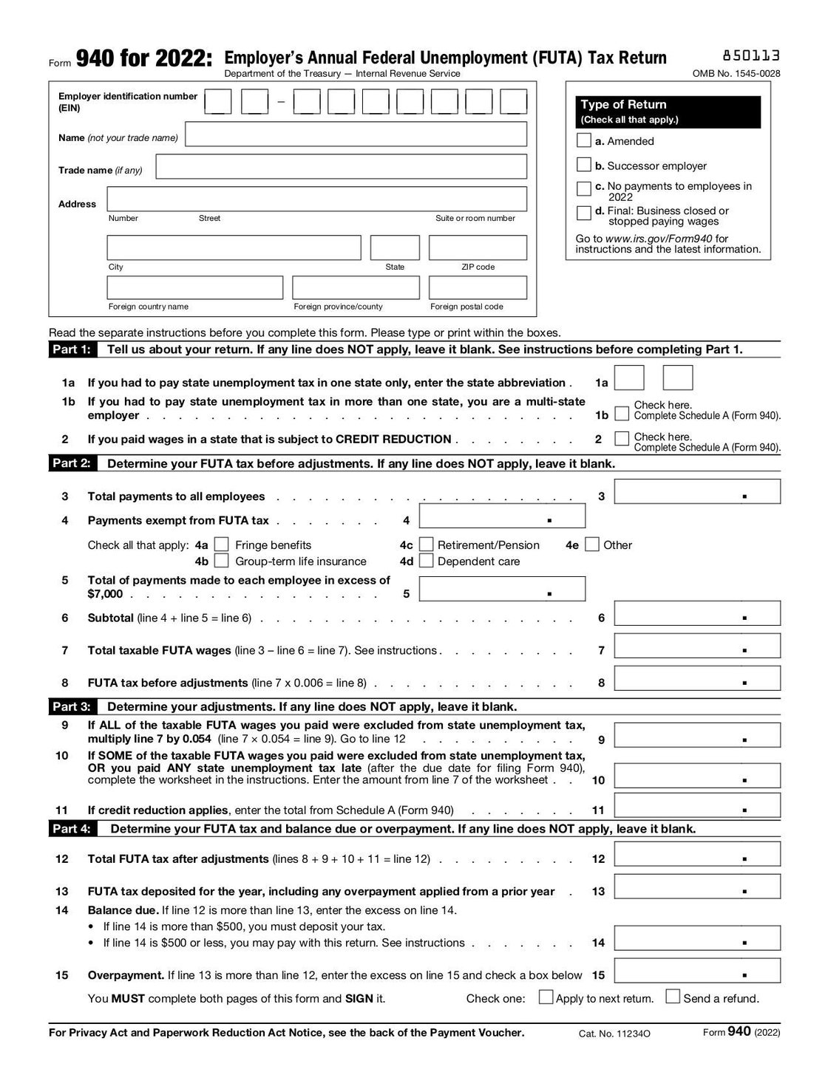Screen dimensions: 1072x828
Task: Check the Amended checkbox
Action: pyautogui.click(x=583, y=140)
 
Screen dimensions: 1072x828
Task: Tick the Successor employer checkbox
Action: pyautogui.click(x=583, y=165)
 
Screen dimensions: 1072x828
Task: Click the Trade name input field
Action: pyautogui.click(x=341, y=167)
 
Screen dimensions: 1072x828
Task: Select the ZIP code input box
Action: pyautogui.click(x=478, y=247)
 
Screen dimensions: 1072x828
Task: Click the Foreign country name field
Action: pyautogui.click(x=195, y=287)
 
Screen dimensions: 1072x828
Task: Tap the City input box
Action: pyautogui.click(x=234, y=247)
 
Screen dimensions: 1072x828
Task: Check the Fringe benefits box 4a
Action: pyautogui.click(x=221, y=545)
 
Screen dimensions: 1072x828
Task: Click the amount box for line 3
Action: pyautogui.click(x=696, y=492)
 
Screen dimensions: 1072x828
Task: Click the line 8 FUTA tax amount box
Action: pyautogui.click(x=696, y=679)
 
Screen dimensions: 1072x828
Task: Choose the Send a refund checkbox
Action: pyautogui.click(x=673, y=997)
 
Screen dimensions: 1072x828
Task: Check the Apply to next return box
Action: pyautogui.click(x=546, y=997)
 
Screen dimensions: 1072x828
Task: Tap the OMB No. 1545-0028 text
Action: pyautogui.click(x=736, y=74)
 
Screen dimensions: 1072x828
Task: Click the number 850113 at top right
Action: pyautogui.click(x=750, y=56)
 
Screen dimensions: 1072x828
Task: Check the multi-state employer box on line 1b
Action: pyautogui.click(x=622, y=413)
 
